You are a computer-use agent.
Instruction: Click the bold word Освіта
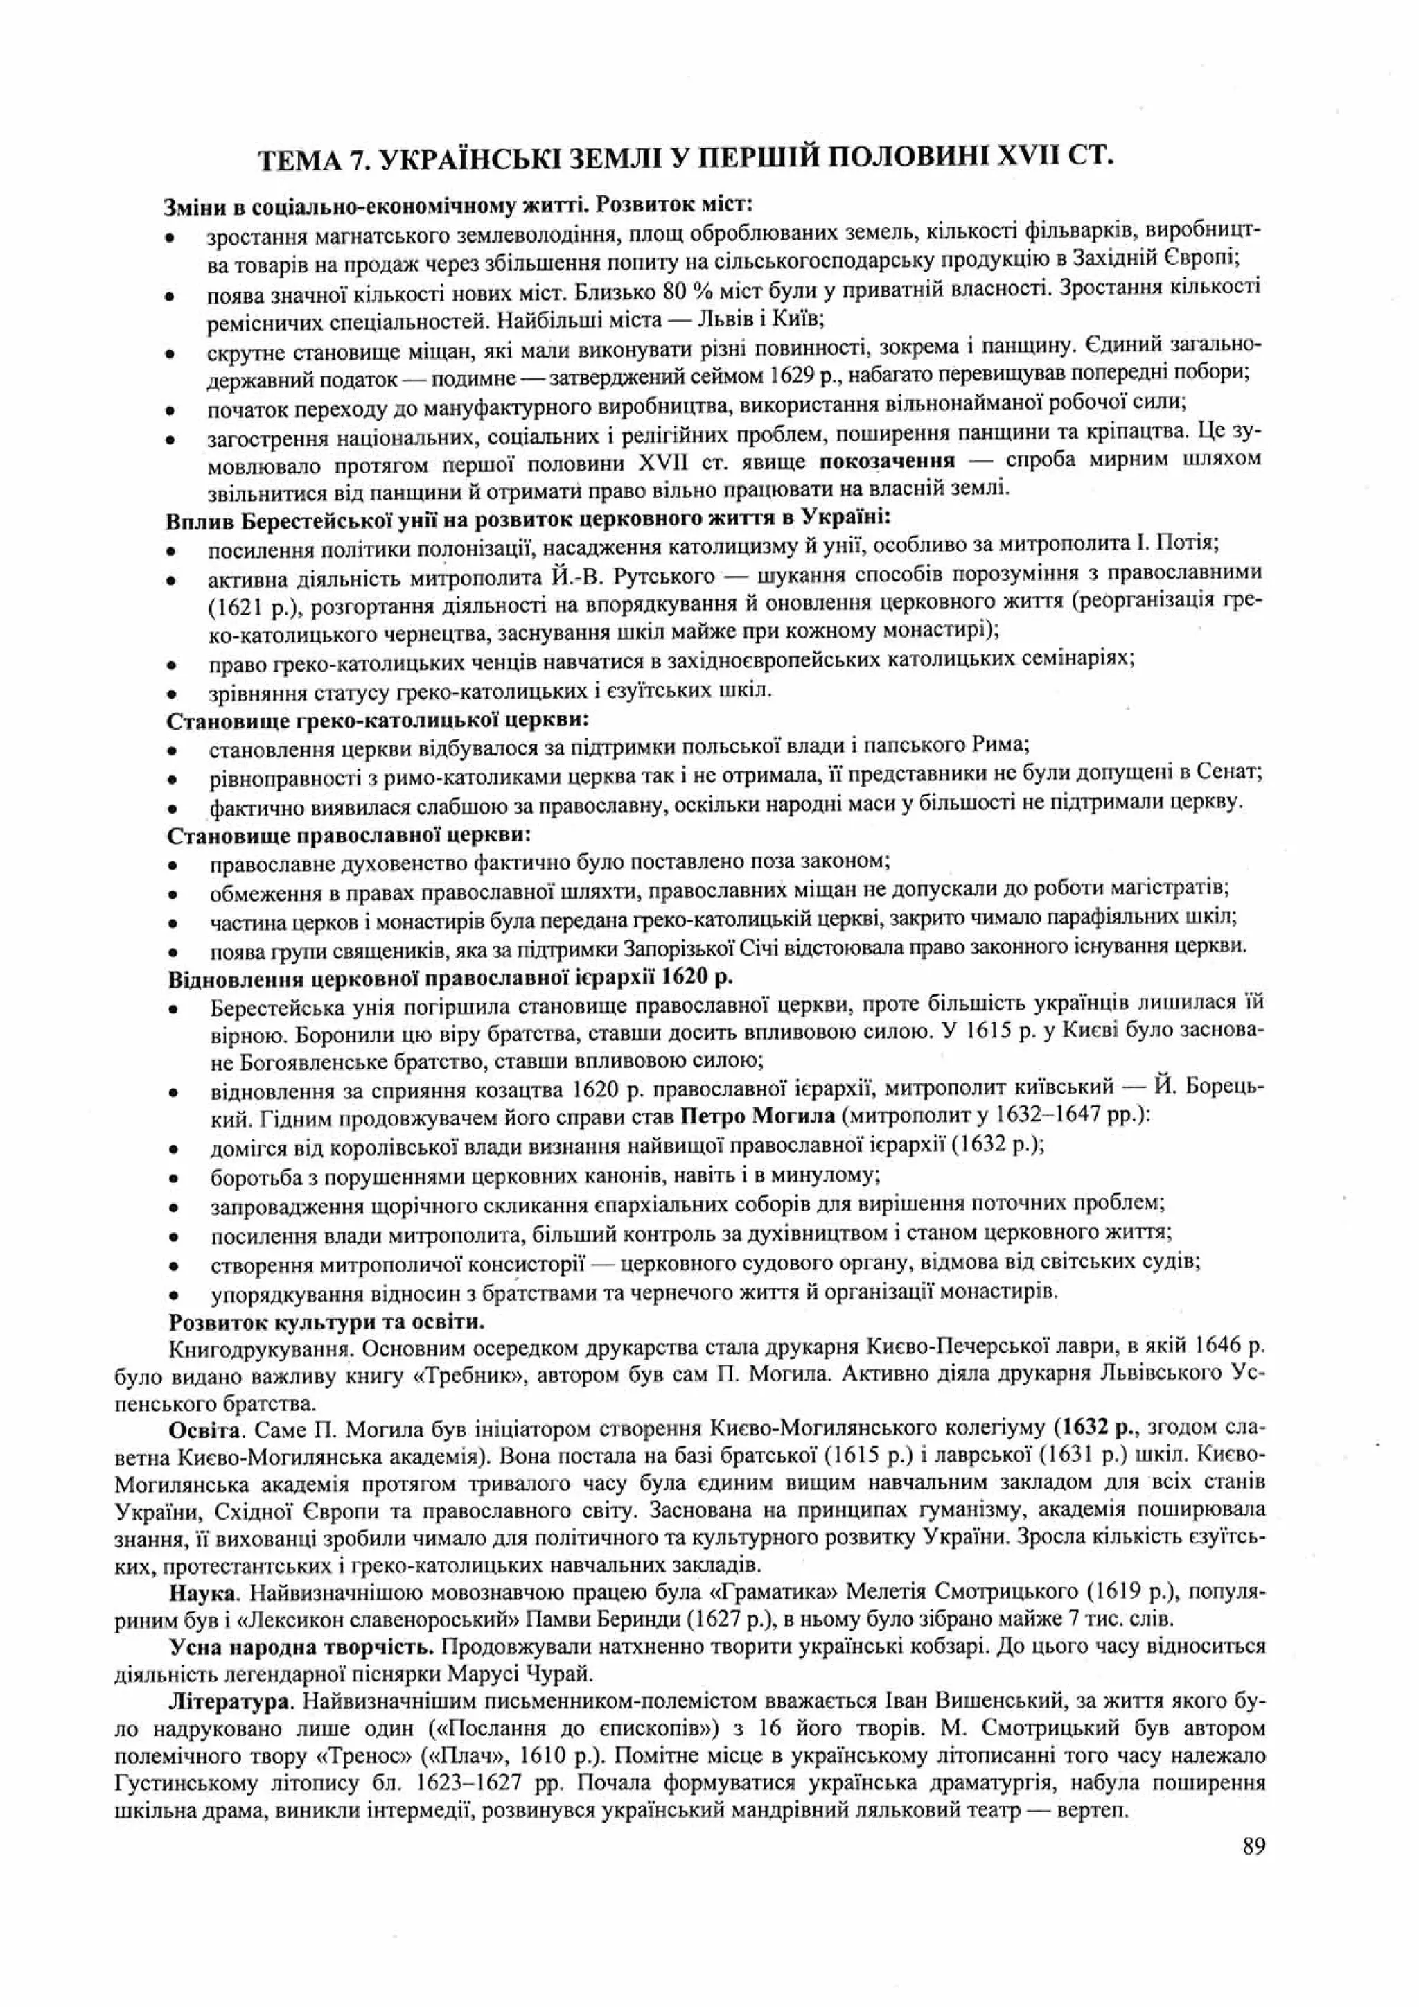point(204,1429)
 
